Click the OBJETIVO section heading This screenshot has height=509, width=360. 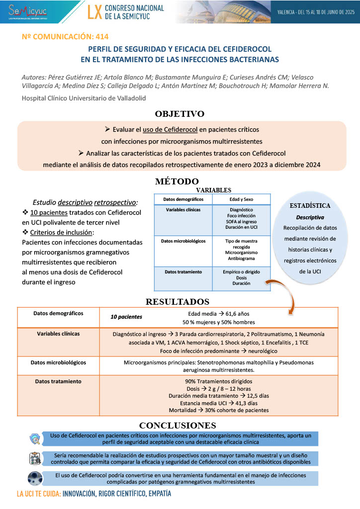180,113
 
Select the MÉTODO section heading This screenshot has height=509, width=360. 177,181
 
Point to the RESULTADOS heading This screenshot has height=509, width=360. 177,302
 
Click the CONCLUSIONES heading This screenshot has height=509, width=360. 178,425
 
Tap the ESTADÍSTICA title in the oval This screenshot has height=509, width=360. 310,205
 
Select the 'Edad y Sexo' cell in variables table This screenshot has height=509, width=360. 242,199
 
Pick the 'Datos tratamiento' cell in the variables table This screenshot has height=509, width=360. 183,272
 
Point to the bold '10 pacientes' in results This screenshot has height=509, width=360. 126,317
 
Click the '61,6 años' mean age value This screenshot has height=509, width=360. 234,314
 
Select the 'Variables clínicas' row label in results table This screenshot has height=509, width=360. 58,334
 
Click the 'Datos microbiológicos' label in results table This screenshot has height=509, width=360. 58,362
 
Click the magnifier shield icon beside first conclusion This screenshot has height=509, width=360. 35,438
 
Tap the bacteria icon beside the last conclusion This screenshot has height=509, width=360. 35,478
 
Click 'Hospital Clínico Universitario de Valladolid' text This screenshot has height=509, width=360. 84,98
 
